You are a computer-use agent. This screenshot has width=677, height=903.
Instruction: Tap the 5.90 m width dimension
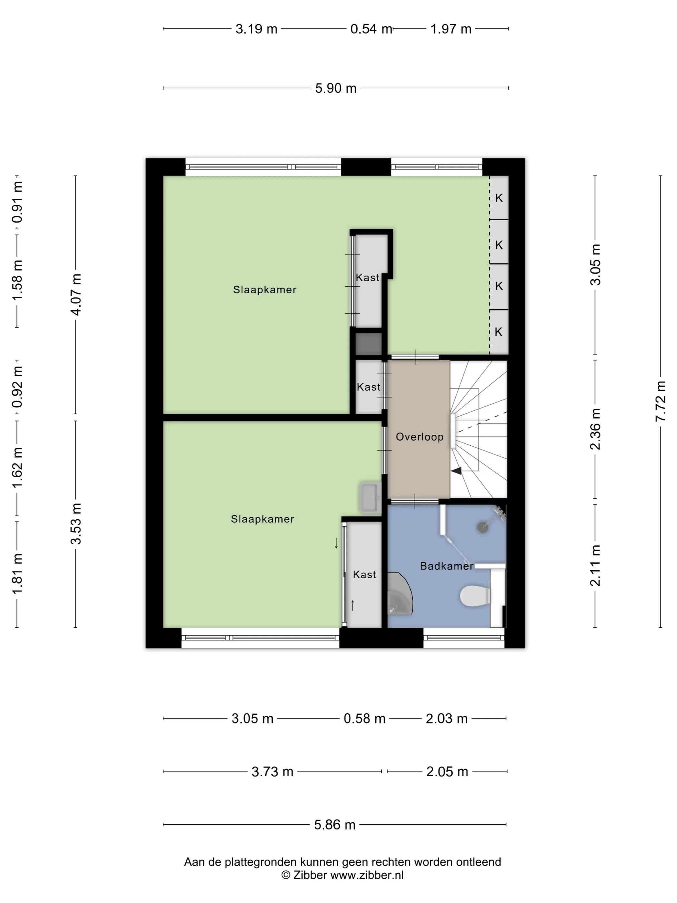pyautogui.click(x=336, y=88)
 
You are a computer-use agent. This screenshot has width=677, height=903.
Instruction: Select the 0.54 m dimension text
pyautogui.click(x=371, y=29)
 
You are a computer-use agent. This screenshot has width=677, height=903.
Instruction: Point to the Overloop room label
pyautogui.click(x=419, y=437)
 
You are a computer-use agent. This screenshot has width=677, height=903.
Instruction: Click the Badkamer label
pyautogui.click(x=446, y=566)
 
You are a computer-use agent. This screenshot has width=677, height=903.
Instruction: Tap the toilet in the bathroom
pyautogui.click(x=475, y=596)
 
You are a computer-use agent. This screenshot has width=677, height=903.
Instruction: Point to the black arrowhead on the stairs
pyautogui.click(x=456, y=471)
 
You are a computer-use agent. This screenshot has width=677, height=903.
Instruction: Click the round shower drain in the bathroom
pyautogui.click(x=483, y=527)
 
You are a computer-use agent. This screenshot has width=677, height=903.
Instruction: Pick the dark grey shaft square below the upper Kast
pyautogui.click(x=368, y=344)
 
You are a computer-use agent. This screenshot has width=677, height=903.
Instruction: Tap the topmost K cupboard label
pyautogui.click(x=499, y=198)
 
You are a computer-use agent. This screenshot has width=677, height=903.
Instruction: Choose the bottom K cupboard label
pyautogui.click(x=498, y=332)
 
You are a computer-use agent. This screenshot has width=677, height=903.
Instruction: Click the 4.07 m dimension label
pyautogui.click(x=76, y=294)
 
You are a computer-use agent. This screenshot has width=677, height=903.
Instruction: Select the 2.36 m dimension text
pyautogui.click(x=595, y=429)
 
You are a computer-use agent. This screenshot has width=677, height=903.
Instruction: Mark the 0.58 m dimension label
pyautogui.click(x=364, y=719)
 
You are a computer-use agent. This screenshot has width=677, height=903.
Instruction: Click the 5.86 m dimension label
pyautogui.click(x=335, y=825)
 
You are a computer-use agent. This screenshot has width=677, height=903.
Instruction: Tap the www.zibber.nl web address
pyautogui.click(x=367, y=875)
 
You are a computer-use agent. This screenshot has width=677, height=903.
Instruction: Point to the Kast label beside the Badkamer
pyautogui.click(x=364, y=574)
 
